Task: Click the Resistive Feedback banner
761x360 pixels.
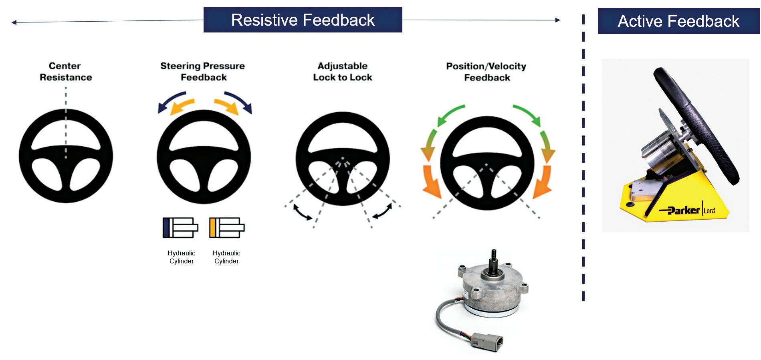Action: pos(303,20)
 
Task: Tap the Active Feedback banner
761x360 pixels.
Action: pos(678,21)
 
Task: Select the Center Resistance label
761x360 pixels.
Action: pos(65,71)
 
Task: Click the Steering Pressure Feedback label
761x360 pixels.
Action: pos(203,71)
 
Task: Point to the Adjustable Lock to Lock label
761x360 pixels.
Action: pos(343,71)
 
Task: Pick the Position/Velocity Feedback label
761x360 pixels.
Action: pos(486,72)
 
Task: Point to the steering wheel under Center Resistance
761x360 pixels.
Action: pos(66,156)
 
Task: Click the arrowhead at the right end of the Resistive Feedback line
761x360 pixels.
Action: pos(557,20)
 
